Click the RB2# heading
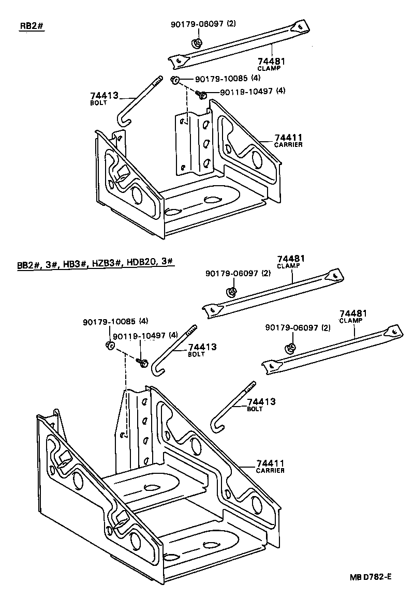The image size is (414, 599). tap(31, 27)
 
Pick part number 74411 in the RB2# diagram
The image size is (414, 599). tap(288, 137)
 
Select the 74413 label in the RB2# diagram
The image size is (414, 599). tap(104, 96)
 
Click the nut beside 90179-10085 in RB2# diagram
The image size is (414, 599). tap(175, 79)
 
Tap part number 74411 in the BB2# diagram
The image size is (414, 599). tap(270, 463)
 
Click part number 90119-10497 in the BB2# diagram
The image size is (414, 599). tap(138, 335)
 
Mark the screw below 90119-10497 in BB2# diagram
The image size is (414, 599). tap(144, 363)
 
